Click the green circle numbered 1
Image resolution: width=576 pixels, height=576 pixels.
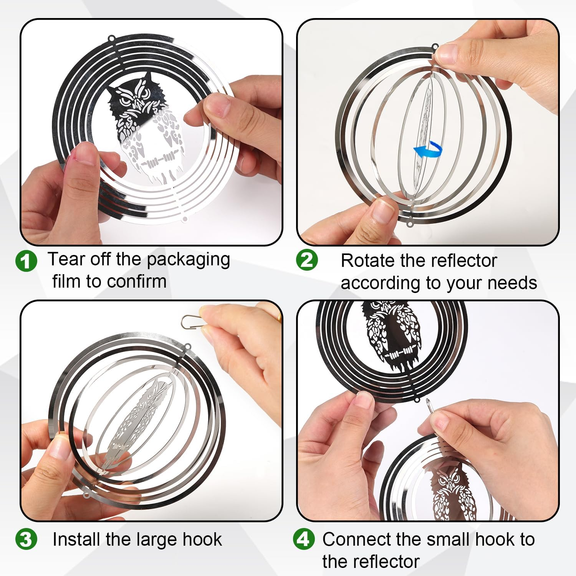[x=26, y=261]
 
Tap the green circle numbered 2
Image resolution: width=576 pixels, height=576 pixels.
[x=307, y=260]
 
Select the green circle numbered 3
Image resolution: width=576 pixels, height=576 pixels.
[x=26, y=539]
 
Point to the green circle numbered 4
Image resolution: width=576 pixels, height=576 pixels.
[x=304, y=539]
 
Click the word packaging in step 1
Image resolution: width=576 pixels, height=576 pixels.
[x=189, y=260]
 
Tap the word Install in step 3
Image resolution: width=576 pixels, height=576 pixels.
[x=77, y=539]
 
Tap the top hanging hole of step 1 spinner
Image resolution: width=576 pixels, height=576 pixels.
[x=112, y=39]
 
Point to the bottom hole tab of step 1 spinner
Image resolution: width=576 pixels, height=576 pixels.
[x=185, y=219]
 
